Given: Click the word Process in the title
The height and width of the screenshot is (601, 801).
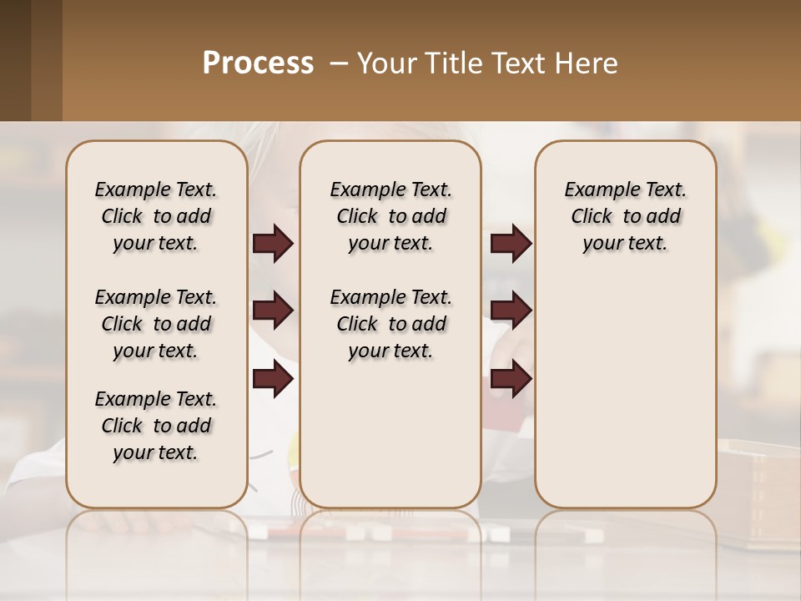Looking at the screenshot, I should coord(258,63).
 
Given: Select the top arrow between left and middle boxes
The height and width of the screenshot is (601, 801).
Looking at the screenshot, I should coord(273,244).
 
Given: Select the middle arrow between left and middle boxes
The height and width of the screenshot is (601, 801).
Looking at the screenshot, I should coord(273,311).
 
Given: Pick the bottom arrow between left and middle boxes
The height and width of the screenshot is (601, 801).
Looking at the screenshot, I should coord(273,380).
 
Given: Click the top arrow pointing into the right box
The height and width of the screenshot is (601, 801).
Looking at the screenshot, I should coord(511,244).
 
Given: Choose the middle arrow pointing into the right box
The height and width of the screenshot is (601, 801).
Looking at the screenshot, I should coord(511,311).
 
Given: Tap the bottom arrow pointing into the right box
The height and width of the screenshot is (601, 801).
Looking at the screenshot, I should coord(511,380).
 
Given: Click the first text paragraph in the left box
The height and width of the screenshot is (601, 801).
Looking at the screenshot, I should coord(156,216).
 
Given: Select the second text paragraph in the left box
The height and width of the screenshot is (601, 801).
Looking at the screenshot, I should coord(156,324).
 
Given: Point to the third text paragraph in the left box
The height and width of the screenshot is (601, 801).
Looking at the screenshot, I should coord(156,426).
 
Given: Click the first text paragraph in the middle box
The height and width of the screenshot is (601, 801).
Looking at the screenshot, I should coord(390,216).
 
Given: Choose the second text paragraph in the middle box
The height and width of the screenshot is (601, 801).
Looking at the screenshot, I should coord(390,324).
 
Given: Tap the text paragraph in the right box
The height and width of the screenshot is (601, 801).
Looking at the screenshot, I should coord(625,216).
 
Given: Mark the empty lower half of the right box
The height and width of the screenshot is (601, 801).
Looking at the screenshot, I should coord(625,392).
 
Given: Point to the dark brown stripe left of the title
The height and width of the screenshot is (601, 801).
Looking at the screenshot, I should coord(31,60).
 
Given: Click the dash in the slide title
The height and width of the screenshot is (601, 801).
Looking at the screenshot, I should coord(340,63).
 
